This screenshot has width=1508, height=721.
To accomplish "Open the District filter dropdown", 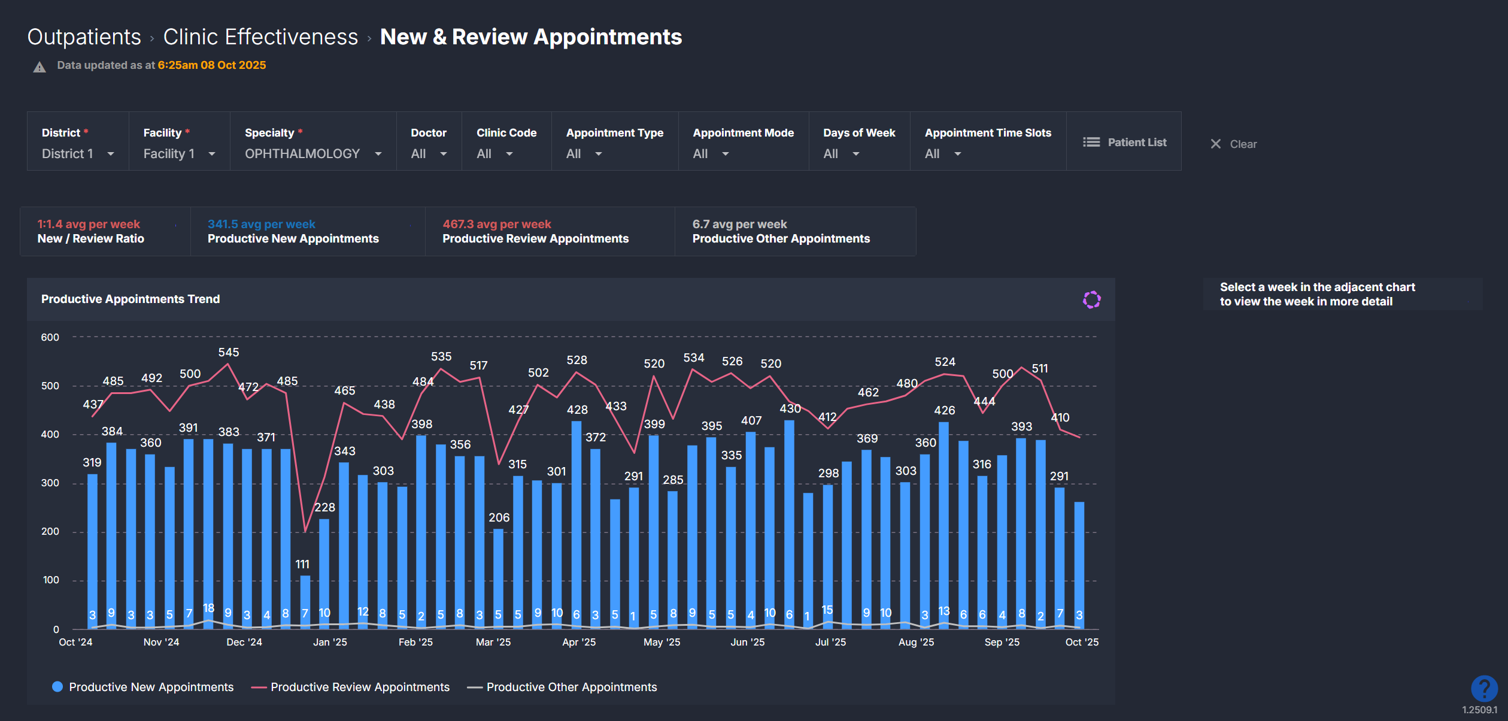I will pos(77,154).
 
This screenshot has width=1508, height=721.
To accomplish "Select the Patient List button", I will pos(1124,143).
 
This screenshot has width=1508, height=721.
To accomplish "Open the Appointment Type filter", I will pos(584,154).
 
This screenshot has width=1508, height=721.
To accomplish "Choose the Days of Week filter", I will pos(841,154).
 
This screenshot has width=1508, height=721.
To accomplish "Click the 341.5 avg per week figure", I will pos(261,224).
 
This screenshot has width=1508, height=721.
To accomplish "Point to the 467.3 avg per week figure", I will pos(496,224).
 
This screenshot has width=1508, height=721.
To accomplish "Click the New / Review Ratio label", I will pos(90,239).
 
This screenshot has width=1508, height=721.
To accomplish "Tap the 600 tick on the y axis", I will pos(50,338).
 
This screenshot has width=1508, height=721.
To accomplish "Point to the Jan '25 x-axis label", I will pos(330,643).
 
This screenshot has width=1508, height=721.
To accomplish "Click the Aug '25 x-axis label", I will pos(916,643).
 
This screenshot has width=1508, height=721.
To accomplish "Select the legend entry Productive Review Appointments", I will pos(359,687).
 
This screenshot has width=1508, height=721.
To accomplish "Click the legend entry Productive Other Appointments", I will pos(571,687).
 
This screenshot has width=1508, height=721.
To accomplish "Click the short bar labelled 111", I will pos(305,602).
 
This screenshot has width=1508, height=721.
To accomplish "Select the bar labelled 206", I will pos(498,578).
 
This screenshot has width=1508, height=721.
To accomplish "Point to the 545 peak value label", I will pos(228,353).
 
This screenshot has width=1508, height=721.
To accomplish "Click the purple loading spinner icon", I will pos(1091,299).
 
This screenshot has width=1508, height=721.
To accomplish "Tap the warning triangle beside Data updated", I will pos(40,67).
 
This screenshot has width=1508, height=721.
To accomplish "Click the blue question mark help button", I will pos(1484,689).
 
